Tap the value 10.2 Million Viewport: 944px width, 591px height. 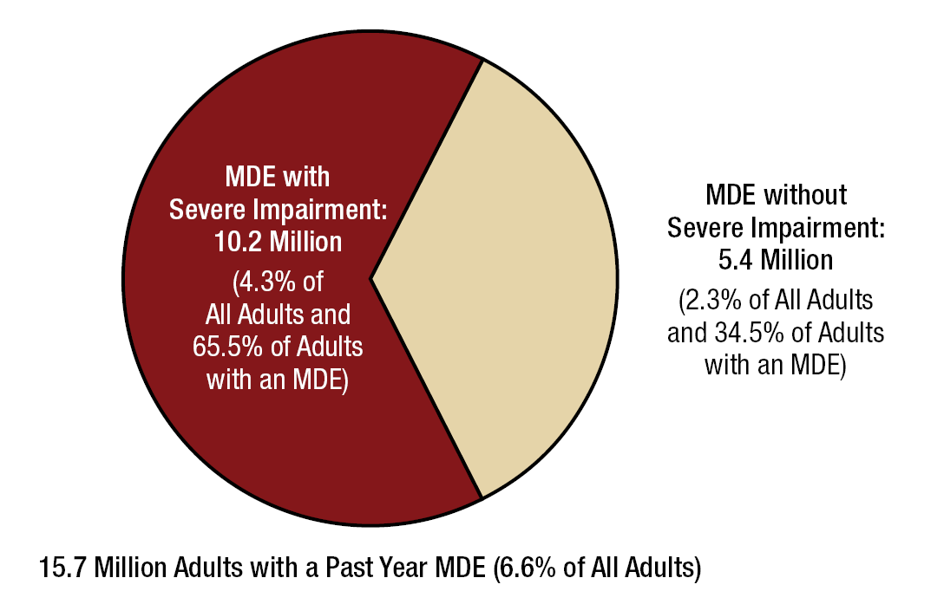(278, 242)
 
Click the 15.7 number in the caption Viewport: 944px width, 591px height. (62, 568)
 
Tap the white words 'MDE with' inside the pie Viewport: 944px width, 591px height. (278, 178)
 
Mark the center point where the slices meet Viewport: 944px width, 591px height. (371, 278)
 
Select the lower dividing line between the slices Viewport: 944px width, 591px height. (427, 388)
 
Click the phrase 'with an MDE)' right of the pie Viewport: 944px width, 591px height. (775, 365)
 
